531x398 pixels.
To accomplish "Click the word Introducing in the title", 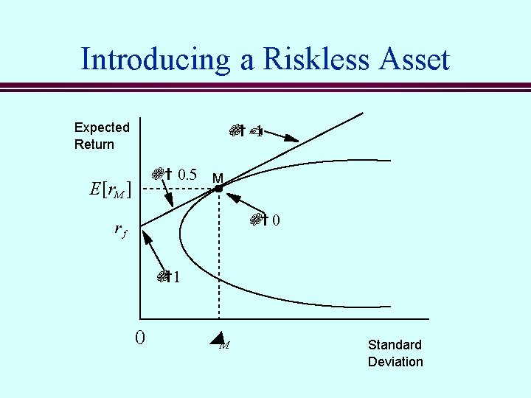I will [155, 59].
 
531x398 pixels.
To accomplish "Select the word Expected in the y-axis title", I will [102, 128].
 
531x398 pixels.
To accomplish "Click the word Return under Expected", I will [94, 144].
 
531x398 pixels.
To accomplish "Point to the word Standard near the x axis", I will [395, 345].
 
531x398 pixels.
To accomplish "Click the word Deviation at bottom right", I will [395, 362].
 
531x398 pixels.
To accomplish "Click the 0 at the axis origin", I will [140, 338].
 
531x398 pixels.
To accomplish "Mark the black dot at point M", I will [219, 189].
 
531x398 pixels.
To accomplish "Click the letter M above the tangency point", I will [218, 178].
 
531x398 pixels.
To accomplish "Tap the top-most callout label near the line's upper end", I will [246, 132].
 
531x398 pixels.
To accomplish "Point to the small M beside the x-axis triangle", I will [225, 345].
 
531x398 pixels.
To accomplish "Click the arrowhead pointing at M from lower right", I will [229, 196].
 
